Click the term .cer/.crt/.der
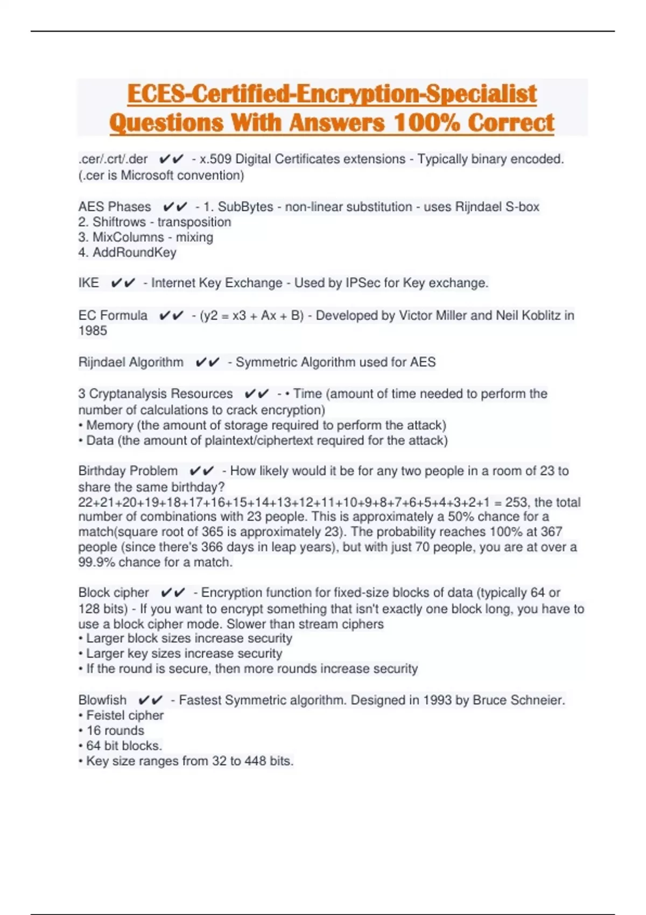click(x=113, y=159)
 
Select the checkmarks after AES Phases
click(x=175, y=207)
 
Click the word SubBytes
click(x=245, y=207)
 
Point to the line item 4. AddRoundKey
click(x=128, y=252)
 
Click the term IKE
click(x=89, y=283)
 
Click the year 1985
click(x=93, y=330)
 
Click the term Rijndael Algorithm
click(x=131, y=362)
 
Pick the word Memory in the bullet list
click(x=110, y=425)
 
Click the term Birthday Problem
click(x=128, y=471)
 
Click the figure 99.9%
click(x=96, y=562)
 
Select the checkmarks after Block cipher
click(x=173, y=593)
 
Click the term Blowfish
click(x=102, y=700)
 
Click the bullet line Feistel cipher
click(x=125, y=715)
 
